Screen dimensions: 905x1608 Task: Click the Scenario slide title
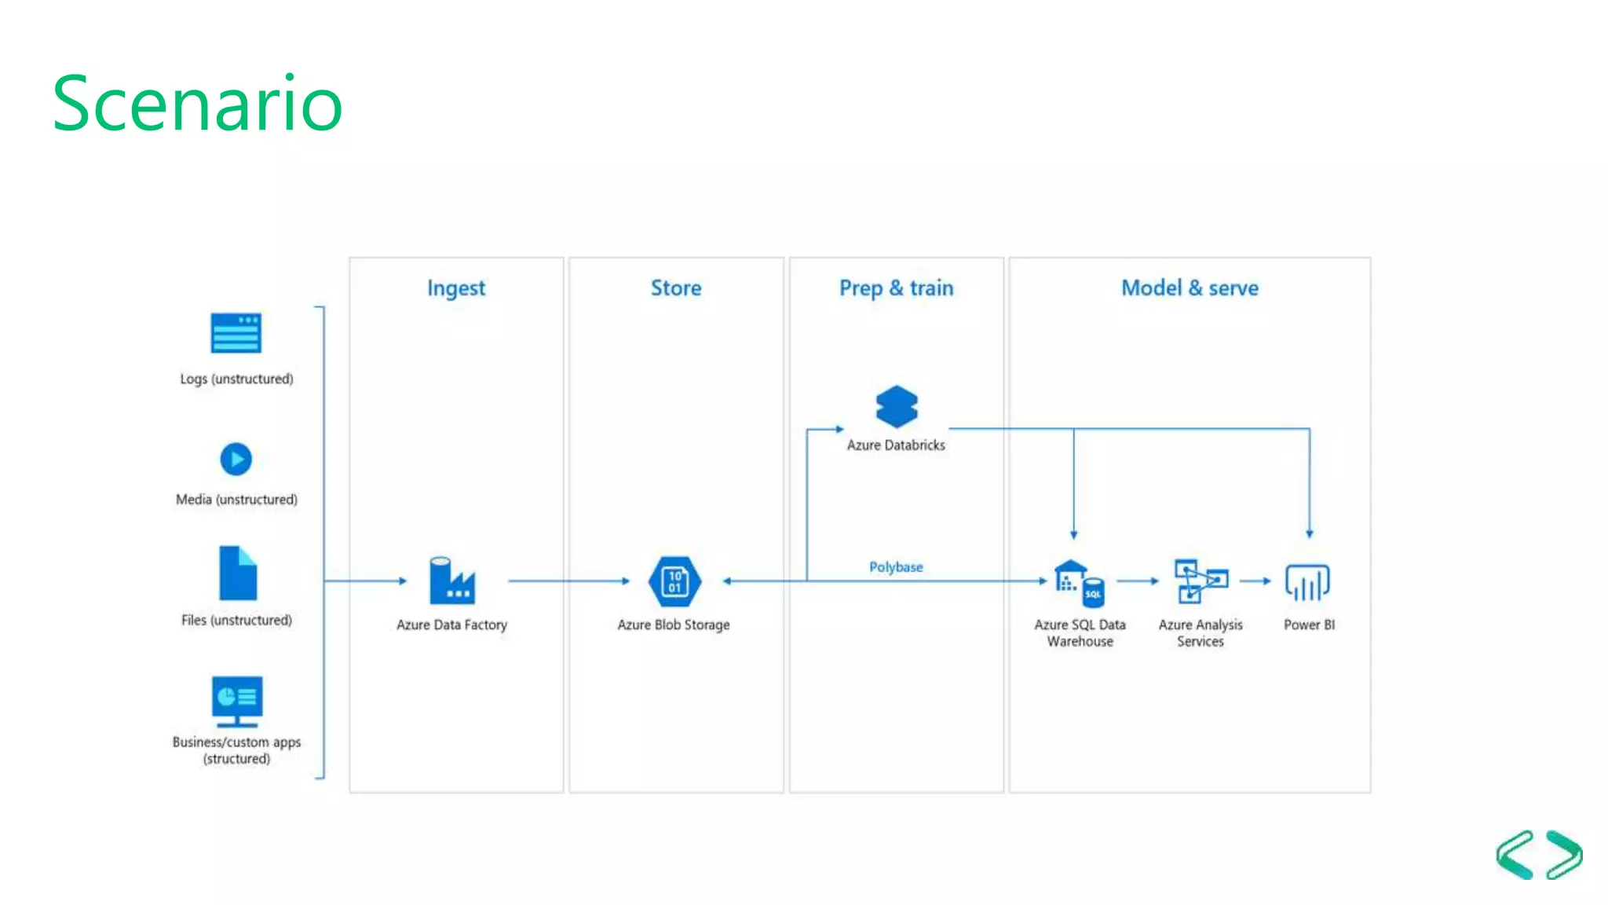197,103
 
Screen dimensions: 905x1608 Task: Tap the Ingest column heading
456,288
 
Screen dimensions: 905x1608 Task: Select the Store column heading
676,288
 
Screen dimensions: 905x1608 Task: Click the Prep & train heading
896,288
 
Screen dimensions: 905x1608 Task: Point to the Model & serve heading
1190,288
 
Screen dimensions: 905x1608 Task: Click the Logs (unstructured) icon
236,333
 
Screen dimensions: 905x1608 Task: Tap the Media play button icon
236,460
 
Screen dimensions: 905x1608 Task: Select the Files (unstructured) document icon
238,573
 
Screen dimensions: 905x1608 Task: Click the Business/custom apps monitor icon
237,701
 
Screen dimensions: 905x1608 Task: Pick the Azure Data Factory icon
452,581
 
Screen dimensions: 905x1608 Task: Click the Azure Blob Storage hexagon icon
674,581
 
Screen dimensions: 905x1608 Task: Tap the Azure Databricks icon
897,406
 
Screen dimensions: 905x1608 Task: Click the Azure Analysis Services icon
1200,581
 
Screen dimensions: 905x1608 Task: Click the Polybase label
896,567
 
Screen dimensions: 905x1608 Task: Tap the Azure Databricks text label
896,445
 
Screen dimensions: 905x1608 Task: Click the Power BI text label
1309,625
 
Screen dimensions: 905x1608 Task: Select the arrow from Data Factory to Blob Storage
569,581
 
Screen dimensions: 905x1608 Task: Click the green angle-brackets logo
1539,855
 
